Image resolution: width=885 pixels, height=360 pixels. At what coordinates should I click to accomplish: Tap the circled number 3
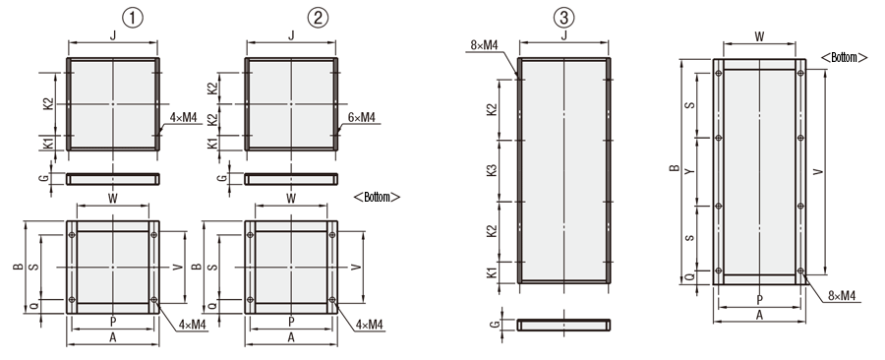[563, 17]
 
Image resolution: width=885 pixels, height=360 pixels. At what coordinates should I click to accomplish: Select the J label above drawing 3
[563, 36]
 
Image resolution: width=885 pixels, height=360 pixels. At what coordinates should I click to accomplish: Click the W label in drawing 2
[291, 198]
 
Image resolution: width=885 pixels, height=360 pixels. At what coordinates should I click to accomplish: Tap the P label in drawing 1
[113, 322]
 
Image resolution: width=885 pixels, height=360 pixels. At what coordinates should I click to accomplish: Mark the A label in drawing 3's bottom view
[759, 316]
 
